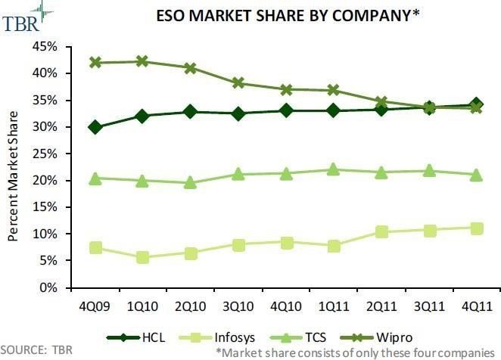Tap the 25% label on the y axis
(x=45, y=154)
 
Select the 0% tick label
(x=48, y=288)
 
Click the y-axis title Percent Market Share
(x=13, y=176)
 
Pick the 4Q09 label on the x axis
(x=95, y=306)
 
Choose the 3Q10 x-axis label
(x=238, y=306)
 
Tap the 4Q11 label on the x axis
(x=477, y=306)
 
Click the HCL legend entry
(x=135, y=337)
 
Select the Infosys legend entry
(x=217, y=337)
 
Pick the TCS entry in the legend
(x=298, y=337)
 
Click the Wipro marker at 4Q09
(x=95, y=62)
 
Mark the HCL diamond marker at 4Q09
(x=95, y=128)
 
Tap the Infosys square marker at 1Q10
(x=142, y=257)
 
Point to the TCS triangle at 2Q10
(x=190, y=182)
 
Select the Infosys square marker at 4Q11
(x=477, y=228)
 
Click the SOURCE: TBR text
(x=36, y=349)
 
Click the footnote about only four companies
(x=355, y=353)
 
